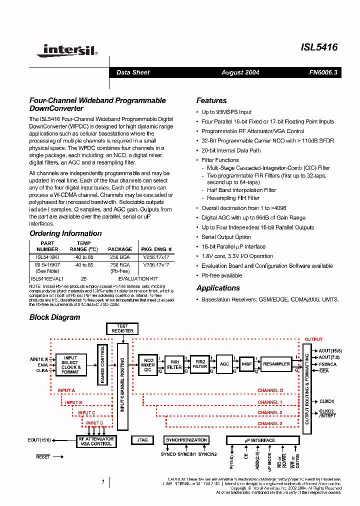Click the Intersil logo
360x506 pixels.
tap(70, 49)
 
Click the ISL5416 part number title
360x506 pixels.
tap(319, 47)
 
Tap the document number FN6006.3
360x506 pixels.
tap(323, 72)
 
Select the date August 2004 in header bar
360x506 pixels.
tap(240, 72)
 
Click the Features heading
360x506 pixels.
tap(211, 100)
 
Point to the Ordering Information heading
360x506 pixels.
tap(65, 233)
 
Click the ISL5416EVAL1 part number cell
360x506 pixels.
tap(47, 278)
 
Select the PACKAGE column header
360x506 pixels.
tap(120, 249)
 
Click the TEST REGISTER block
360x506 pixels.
tap(122, 328)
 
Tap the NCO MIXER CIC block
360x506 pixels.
tap(148, 364)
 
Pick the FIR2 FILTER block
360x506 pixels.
tap(199, 364)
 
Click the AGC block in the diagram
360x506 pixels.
tap(224, 364)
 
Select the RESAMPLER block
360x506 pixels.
tap(276, 364)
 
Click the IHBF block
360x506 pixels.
tap(246, 364)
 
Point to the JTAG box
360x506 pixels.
tap(142, 440)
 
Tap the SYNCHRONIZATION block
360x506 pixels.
tap(186, 440)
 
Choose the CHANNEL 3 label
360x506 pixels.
tap(270, 423)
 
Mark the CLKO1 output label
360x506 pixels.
tap(326, 401)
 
